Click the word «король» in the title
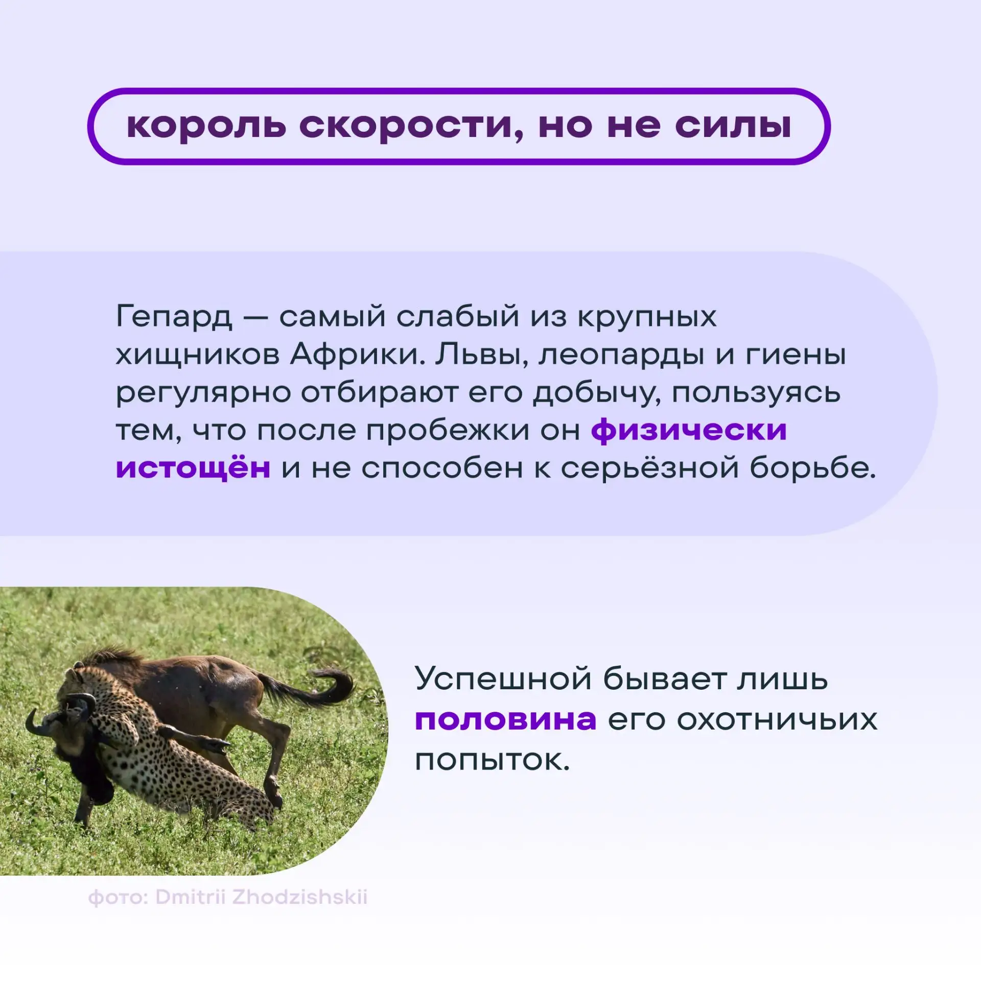[206, 126]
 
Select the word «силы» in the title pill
[733, 126]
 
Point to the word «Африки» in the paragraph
[358, 355]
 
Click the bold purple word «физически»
[689, 431]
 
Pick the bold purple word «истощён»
[193, 467]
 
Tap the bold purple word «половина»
[506, 720]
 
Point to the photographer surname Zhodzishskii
[300, 897]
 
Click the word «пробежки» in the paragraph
[448, 431]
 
